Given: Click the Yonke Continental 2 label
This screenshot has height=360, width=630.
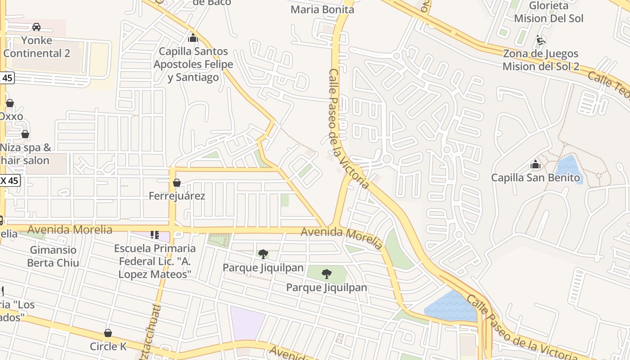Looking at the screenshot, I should coord(36,47).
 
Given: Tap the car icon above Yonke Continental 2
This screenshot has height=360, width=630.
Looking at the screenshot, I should coord(36,27).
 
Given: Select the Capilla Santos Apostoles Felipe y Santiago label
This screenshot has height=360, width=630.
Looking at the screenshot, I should coord(193,64).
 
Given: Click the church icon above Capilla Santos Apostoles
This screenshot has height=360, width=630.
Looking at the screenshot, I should coord(193,38).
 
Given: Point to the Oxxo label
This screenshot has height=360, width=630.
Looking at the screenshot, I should coord(11,116).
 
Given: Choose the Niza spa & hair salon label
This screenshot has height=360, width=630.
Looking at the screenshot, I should coord(25,154).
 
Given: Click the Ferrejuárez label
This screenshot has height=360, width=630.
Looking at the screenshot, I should coord(177,196).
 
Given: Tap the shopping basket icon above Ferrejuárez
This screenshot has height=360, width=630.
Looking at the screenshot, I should coord(177,183).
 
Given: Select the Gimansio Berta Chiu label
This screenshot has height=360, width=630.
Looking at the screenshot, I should coord(53,256).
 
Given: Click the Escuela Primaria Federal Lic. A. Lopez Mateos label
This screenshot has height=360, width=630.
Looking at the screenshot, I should coord(155,261).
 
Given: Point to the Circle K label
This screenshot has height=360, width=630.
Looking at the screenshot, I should coord(108,346).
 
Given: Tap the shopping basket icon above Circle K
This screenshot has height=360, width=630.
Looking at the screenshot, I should coord(108,333).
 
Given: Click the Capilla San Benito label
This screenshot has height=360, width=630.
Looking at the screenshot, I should coord(535,178).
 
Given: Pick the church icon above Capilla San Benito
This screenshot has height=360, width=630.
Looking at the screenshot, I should coord(535,165).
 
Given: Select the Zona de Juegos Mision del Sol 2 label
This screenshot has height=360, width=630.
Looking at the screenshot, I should coord(540,60).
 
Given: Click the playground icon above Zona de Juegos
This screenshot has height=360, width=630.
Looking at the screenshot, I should coord(540,40).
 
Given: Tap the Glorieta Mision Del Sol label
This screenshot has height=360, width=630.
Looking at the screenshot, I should coord(549,12).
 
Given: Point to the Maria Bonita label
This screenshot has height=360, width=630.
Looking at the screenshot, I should coord(322,9).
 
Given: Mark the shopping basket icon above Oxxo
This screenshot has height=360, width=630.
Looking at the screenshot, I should coord(9,103).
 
